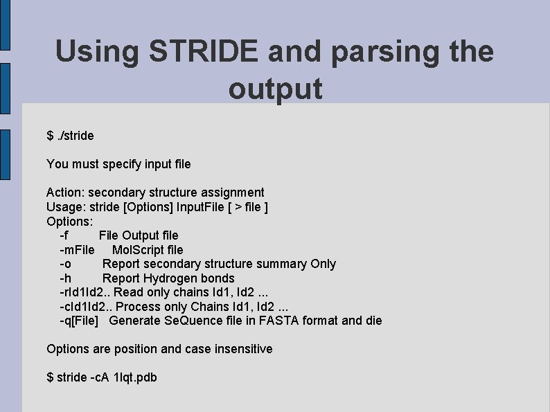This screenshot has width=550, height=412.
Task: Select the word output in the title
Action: click(275, 89)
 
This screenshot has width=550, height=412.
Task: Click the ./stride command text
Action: click(75, 136)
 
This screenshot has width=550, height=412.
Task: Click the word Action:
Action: click(66, 192)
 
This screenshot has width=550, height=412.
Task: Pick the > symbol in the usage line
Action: click(239, 206)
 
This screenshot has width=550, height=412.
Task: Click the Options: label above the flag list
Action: click(69, 221)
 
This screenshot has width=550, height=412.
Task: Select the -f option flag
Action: click(64, 235)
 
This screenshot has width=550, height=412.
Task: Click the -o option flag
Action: click(65, 264)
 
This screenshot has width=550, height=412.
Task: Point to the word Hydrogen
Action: click(175, 278)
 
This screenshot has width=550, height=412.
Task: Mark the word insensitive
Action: click(243, 349)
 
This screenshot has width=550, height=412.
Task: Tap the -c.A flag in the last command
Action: click(100, 377)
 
